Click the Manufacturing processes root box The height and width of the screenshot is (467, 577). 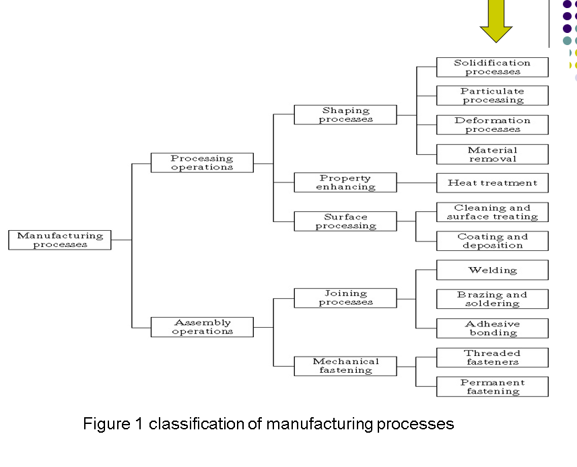[60, 240]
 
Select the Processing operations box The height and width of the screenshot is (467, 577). [202, 163]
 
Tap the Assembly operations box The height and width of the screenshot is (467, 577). [202, 327]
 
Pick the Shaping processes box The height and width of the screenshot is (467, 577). [345, 114]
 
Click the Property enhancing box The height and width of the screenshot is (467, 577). [345, 182]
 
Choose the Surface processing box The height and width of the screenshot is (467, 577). [345, 221]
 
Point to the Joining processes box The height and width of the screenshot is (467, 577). [345, 298]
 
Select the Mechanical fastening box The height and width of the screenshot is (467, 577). [345, 366]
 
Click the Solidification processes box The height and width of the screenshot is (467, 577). [492, 67]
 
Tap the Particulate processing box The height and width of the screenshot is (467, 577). [492, 96]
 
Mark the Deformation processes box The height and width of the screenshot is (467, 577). [492, 125]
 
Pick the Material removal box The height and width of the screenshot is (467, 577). [492, 154]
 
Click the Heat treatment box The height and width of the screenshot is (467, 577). [492, 183]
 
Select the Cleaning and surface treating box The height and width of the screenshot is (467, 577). [492, 212]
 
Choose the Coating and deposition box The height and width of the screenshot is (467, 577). [492, 241]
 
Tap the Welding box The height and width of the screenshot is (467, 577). [492, 271]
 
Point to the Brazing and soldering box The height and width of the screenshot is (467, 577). [492, 299]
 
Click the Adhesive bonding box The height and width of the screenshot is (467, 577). [492, 328]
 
